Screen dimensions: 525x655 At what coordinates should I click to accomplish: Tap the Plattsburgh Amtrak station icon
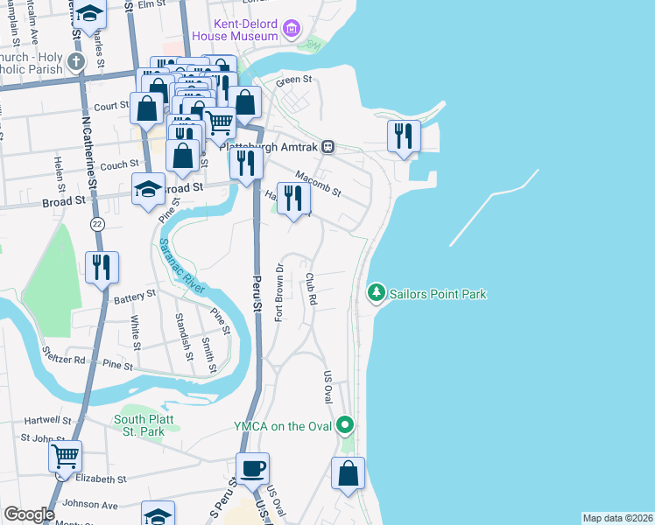pos(327,147)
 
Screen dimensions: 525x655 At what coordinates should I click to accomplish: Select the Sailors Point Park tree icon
pos(377,291)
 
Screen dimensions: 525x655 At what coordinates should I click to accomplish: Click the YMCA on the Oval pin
pos(346,426)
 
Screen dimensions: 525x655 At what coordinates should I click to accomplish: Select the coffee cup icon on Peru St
pos(252,468)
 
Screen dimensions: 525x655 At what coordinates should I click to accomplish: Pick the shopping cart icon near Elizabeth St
pos(65,456)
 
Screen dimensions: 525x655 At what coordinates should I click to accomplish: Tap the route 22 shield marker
pos(96,224)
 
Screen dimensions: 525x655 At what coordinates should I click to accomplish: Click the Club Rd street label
pos(310,289)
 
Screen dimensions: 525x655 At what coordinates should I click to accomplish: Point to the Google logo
pos(29,514)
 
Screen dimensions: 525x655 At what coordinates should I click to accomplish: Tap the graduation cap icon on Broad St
pos(148,188)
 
